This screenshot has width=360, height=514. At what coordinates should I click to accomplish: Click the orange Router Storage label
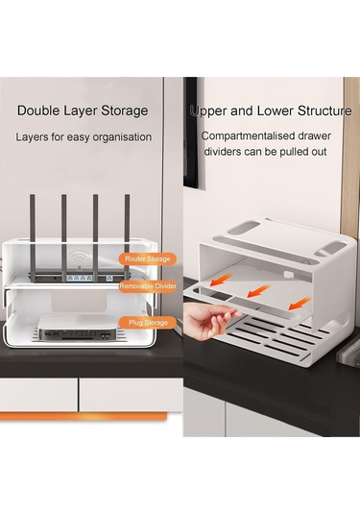(148, 259)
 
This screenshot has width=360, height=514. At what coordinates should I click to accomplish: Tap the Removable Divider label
(148, 286)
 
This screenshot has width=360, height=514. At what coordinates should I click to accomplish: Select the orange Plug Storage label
(148, 323)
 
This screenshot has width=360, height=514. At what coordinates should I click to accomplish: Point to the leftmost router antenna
(33, 235)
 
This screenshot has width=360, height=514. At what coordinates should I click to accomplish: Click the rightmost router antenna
(127, 235)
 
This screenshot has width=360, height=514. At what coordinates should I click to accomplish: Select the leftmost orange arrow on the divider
(220, 281)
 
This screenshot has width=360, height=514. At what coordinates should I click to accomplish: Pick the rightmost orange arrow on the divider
(300, 304)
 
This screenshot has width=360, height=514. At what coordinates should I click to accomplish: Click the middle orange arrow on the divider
(258, 291)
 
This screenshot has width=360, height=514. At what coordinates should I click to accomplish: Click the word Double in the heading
(37, 110)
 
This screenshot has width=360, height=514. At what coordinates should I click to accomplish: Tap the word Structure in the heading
(324, 110)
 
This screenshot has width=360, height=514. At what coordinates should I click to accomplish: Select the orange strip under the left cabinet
(84, 416)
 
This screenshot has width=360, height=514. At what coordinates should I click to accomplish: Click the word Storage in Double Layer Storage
(124, 110)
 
